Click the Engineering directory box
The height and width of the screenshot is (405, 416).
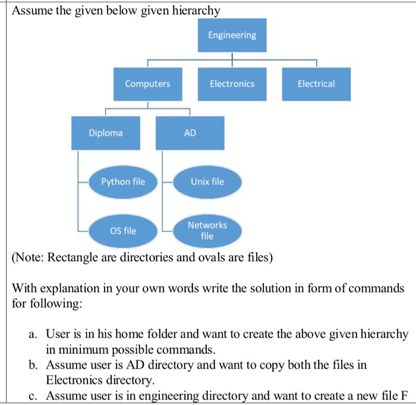232,35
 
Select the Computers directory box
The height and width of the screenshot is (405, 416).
147,84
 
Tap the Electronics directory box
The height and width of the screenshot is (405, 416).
232,84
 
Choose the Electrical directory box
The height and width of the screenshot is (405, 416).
316,84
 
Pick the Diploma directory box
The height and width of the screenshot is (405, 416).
106,133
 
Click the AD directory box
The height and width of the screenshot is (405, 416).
190,133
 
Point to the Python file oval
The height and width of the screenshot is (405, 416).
123,181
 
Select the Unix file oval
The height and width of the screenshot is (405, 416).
207,181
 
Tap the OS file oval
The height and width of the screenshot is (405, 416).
123,230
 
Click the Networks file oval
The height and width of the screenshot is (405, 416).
207,230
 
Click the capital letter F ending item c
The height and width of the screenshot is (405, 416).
405,395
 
